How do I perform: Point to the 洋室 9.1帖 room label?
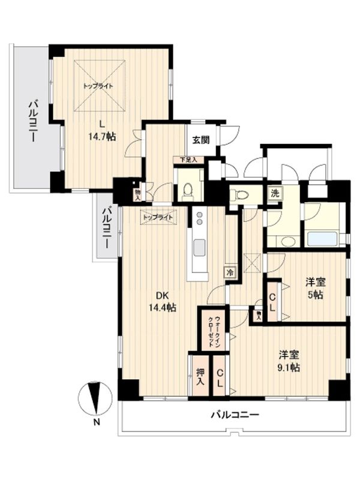click(x=289, y=360)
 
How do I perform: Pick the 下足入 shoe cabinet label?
click(x=188, y=160)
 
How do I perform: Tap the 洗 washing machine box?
click(x=274, y=194)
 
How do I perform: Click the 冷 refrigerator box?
click(x=230, y=272)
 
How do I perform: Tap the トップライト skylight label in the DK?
click(x=158, y=217)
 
